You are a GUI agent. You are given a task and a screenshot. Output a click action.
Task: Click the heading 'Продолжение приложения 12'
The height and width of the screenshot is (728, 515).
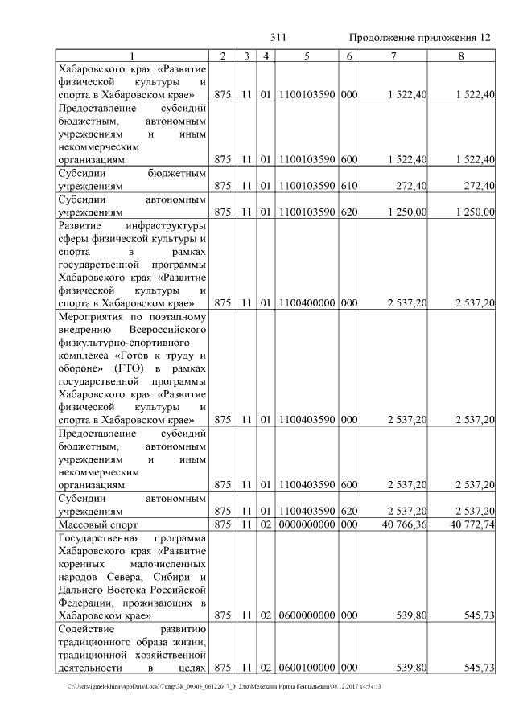coord(419,38)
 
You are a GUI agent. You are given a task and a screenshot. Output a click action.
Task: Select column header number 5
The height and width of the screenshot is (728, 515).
coord(307,56)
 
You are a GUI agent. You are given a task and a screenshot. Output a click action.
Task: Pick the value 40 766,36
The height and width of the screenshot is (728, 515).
coord(400,524)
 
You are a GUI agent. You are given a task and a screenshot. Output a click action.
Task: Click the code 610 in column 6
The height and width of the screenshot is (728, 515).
coord(348,186)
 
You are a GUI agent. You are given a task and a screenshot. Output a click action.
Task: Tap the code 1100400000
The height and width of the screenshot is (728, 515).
coord(307,302)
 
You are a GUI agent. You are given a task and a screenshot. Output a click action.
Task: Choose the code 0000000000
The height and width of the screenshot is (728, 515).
coord(307,524)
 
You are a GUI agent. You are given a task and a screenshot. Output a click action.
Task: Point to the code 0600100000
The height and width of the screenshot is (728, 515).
coord(307,668)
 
